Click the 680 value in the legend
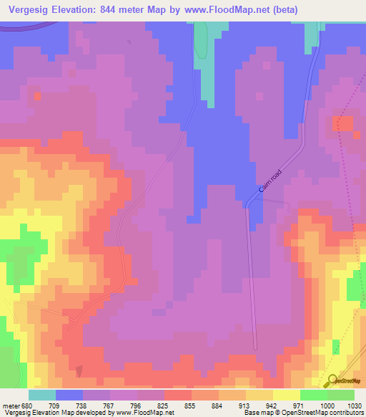[x=21, y=406]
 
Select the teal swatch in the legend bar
[x=42, y=395]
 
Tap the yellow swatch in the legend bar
[x=286, y=395]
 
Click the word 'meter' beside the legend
[x=7, y=406]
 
